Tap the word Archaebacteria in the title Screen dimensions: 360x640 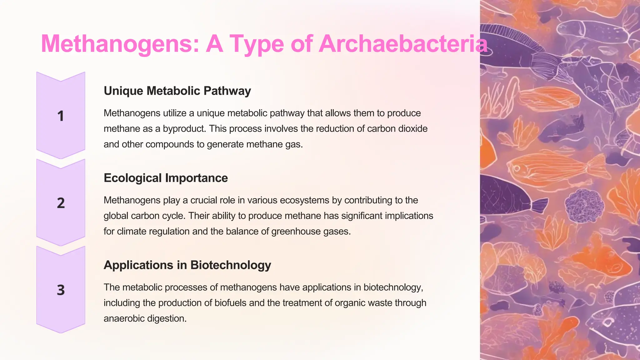click(403, 44)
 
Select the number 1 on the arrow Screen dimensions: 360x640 click(61, 116)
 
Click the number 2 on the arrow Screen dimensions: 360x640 click(61, 203)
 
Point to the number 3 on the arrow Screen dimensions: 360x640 click(61, 290)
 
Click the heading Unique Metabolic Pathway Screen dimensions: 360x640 click(177, 91)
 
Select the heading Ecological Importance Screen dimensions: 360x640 click(166, 178)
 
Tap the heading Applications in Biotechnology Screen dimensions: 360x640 click(187, 265)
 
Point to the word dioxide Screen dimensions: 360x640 click(413, 129)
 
